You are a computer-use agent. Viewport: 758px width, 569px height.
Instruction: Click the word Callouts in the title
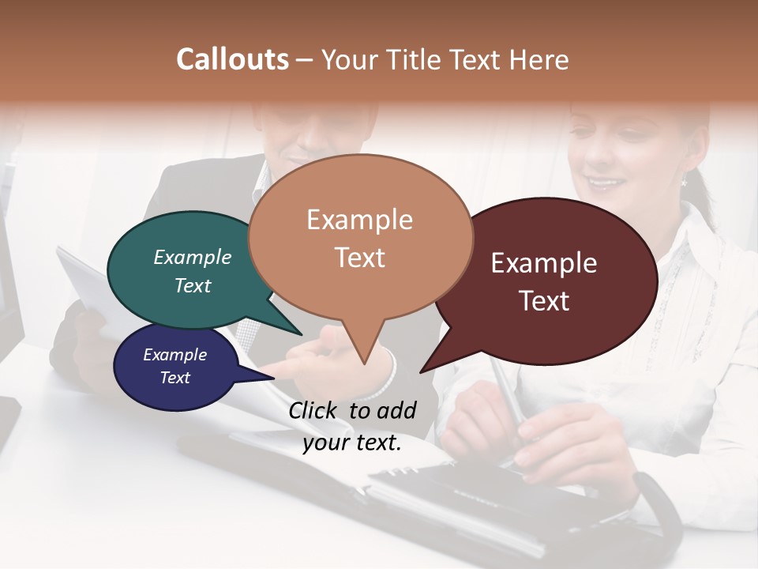(x=233, y=59)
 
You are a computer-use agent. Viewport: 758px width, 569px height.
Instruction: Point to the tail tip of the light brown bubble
(x=364, y=363)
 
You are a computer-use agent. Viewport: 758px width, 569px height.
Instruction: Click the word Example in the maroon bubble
(x=544, y=263)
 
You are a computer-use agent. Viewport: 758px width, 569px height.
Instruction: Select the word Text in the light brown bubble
(x=360, y=258)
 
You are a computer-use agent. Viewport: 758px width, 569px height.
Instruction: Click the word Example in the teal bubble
(x=193, y=257)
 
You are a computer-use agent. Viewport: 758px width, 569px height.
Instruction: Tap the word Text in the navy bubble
(x=175, y=378)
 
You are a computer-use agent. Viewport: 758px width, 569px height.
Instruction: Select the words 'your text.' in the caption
(x=352, y=443)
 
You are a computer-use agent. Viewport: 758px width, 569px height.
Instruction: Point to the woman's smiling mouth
(x=606, y=183)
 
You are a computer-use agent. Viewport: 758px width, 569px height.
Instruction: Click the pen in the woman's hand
(x=505, y=395)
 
